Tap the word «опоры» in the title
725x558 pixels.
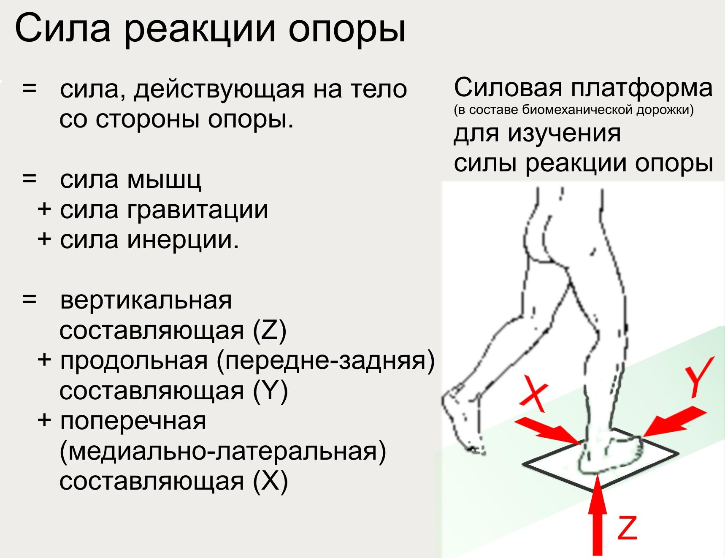(x=347, y=32)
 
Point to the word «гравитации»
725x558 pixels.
(x=197, y=210)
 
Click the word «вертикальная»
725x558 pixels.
(x=146, y=301)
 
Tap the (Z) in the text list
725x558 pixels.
(x=270, y=331)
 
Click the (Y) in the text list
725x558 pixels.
(x=271, y=391)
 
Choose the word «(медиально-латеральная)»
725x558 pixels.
(x=223, y=452)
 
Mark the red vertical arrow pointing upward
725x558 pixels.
(x=598, y=515)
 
